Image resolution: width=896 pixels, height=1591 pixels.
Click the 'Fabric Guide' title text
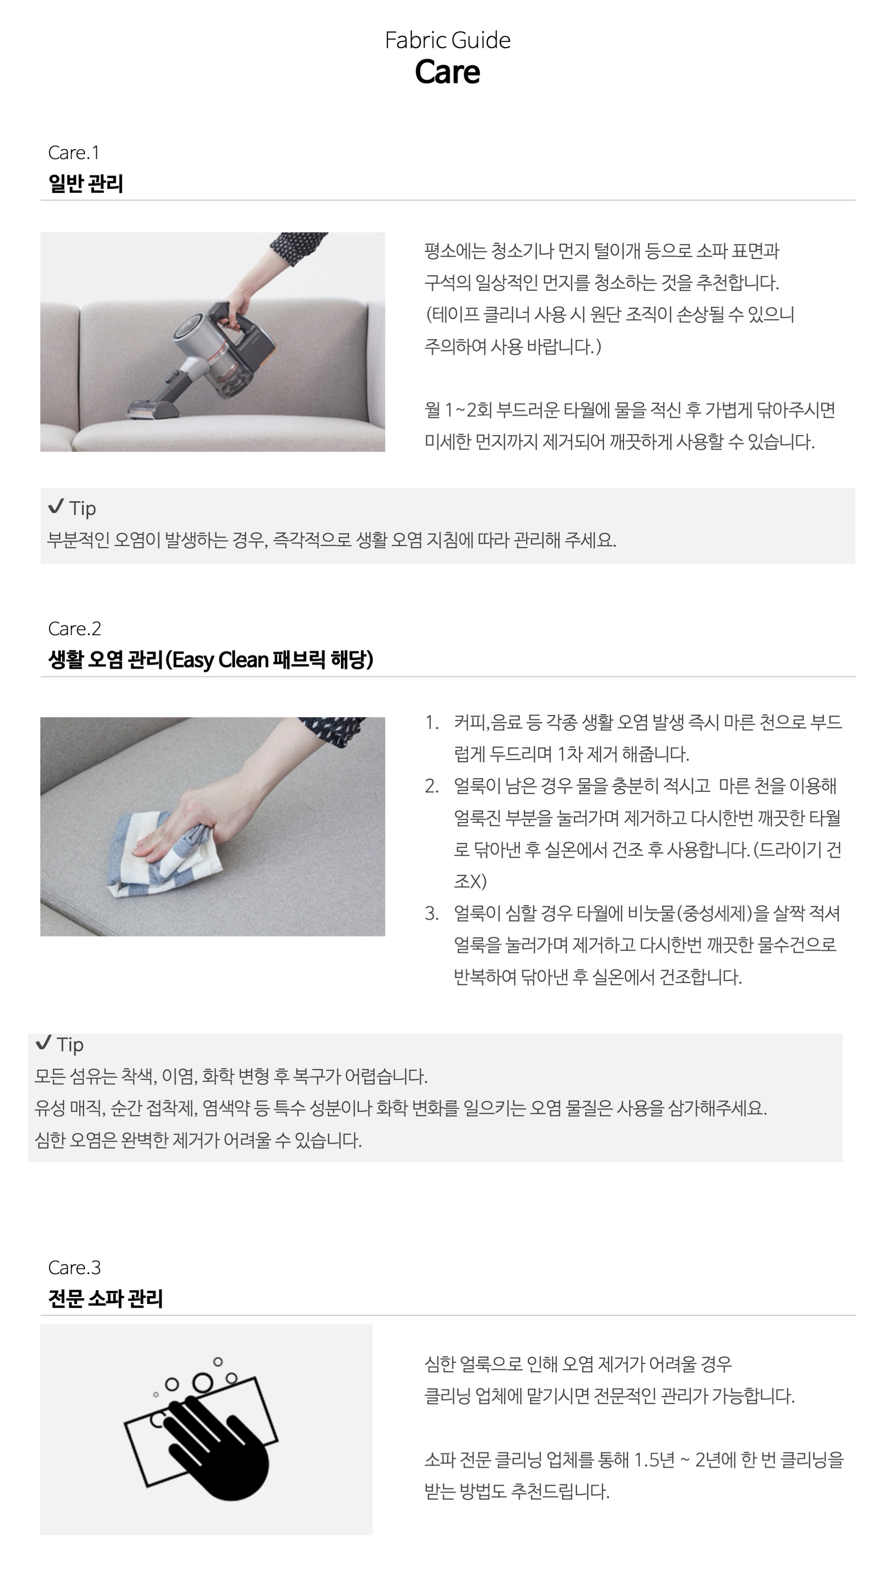tap(448, 41)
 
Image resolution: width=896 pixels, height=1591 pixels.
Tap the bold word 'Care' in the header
tap(448, 72)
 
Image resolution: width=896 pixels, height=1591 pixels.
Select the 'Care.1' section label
tap(73, 153)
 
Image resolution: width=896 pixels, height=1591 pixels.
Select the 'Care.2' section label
tap(74, 629)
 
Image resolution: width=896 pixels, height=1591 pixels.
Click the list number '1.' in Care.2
tap(431, 723)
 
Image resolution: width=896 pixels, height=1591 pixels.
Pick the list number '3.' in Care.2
tap(431, 914)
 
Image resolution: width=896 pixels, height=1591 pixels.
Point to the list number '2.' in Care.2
tap(431, 786)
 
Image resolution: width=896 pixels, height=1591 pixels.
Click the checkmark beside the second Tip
tap(43, 1043)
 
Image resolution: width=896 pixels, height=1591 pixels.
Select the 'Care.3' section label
tap(74, 1268)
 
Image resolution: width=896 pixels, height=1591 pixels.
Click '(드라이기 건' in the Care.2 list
tap(797, 850)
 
